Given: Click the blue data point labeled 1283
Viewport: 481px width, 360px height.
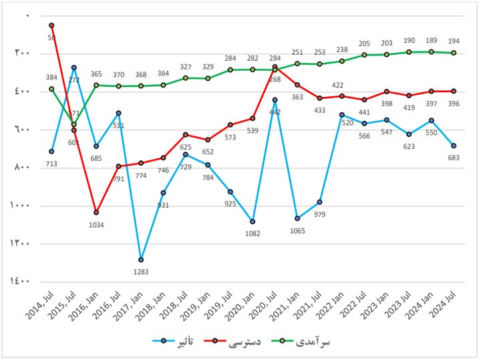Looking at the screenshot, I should point(141,259).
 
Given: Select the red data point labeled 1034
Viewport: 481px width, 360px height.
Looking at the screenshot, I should point(96,212).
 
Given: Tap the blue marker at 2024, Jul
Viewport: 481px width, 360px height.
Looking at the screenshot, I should point(454,146).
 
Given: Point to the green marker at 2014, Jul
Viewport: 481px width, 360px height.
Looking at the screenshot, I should point(51,89).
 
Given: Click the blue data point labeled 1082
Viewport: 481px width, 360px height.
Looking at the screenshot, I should point(253,221).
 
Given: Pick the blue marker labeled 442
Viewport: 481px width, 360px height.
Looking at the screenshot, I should point(275,100).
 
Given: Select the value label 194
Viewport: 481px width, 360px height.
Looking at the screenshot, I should point(454,41).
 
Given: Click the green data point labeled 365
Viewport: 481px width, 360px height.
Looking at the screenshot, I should point(96,85).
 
